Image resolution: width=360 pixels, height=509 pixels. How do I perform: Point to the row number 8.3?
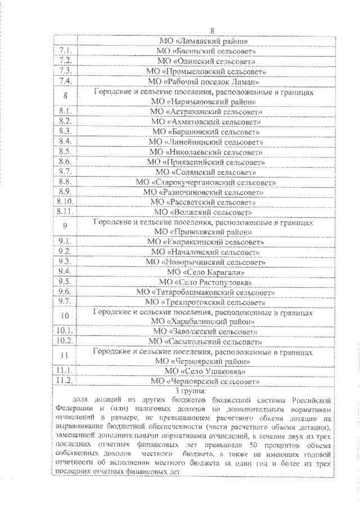tap(65, 131)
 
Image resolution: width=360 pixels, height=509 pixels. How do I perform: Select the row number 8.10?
tap(65, 201)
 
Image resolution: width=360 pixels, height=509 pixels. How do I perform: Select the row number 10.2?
tap(65, 341)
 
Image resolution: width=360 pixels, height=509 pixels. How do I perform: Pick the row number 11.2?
tap(65, 381)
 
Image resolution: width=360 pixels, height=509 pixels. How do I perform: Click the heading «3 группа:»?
tap(191, 390)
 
